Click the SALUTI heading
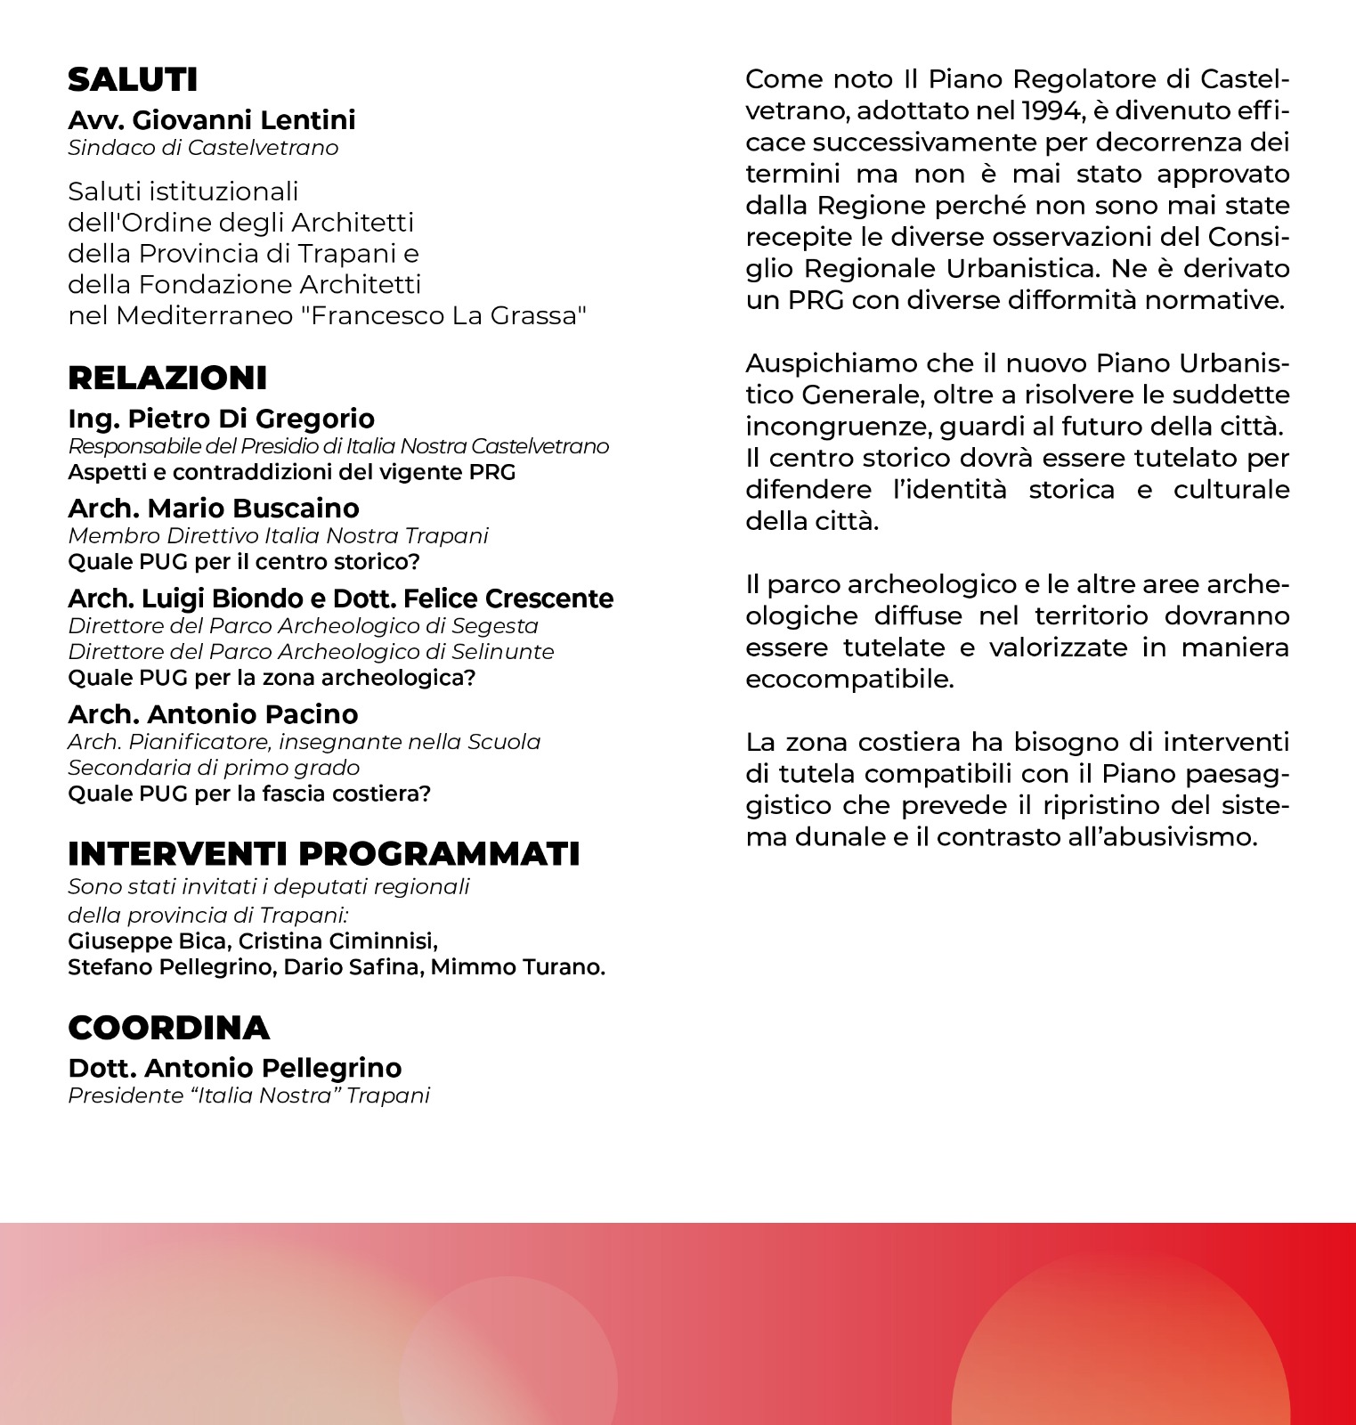coord(133,80)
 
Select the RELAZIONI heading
coord(167,379)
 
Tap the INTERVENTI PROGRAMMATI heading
coord(324,854)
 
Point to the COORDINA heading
coord(168,1028)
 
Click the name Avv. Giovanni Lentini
coord(212,120)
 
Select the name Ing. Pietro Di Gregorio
coord(221,419)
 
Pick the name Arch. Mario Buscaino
coord(214,509)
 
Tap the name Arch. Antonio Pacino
coord(213,714)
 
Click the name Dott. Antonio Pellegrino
coord(235,1068)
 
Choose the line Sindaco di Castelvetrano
coord(203,148)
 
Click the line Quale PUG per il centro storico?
coord(244,562)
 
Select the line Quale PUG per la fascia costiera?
coord(249,794)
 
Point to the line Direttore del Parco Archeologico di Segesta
coord(303,626)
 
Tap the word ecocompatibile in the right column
coord(849,680)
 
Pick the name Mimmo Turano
coord(517,967)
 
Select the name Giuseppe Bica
coord(147,941)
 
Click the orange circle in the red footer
coord(1120,1345)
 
